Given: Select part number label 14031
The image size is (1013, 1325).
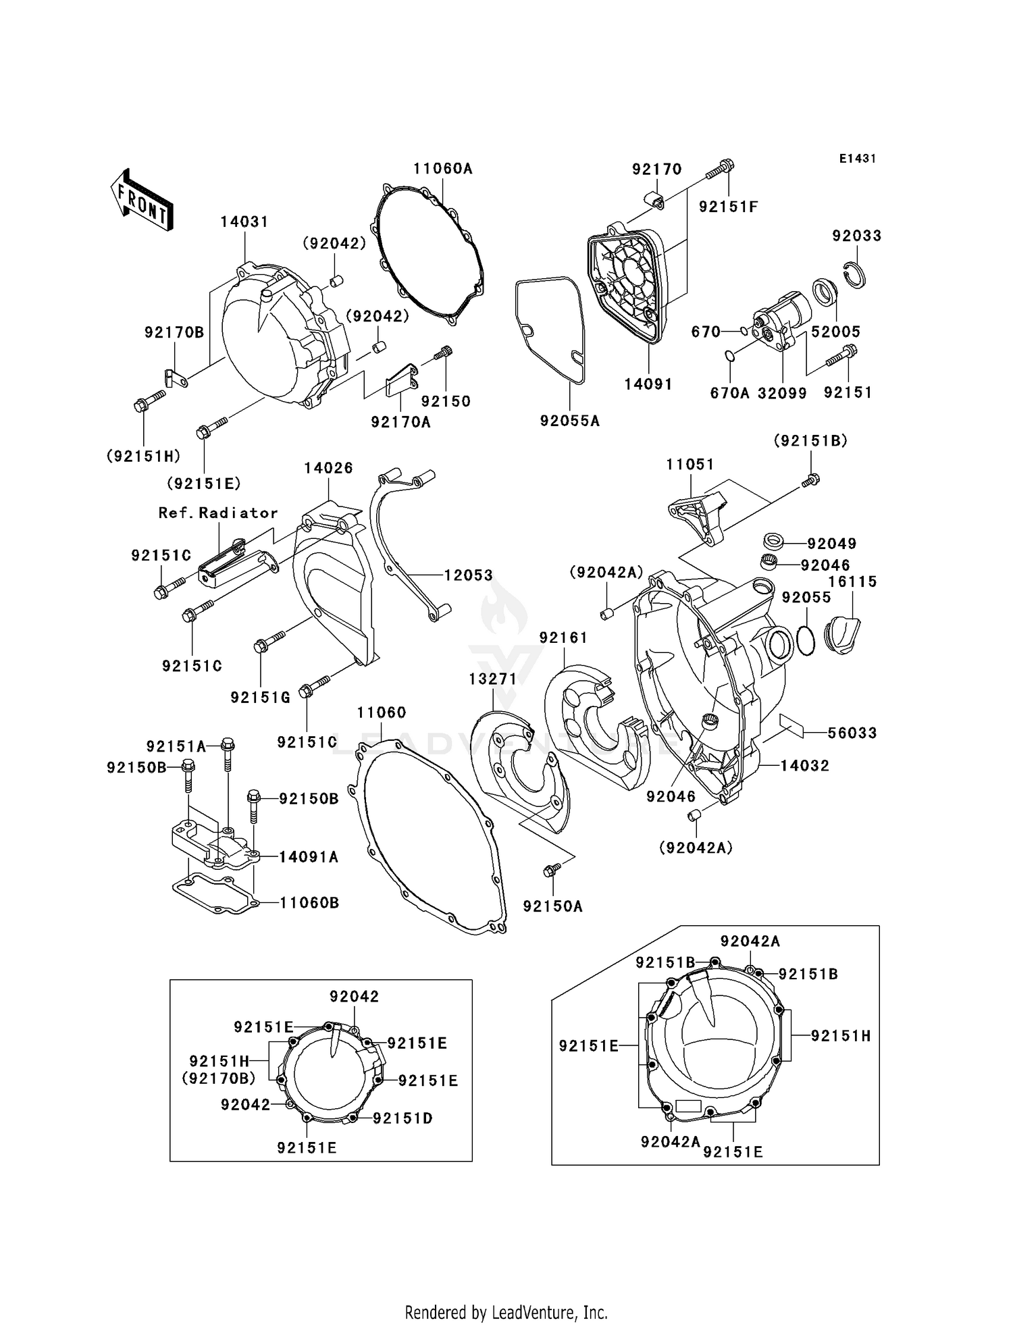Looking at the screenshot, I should [x=244, y=222].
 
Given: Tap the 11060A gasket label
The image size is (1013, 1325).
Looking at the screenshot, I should [x=443, y=169].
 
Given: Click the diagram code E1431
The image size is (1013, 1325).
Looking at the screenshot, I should [x=858, y=159].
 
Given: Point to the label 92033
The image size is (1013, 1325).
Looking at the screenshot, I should [x=856, y=236].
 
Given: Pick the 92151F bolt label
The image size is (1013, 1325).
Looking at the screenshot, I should [x=729, y=207].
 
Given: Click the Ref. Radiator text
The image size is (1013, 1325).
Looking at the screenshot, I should [x=218, y=513].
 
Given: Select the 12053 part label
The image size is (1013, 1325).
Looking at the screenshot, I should [x=468, y=575].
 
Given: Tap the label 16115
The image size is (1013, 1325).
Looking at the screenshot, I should [x=852, y=581].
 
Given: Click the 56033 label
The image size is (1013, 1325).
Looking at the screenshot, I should [x=852, y=733].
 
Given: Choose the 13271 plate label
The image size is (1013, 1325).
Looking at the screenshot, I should [x=493, y=679].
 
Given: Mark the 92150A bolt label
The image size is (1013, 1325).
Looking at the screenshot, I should [x=552, y=906].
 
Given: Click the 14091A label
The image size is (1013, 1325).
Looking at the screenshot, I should [x=309, y=857].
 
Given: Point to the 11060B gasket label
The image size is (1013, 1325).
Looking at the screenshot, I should [x=309, y=903].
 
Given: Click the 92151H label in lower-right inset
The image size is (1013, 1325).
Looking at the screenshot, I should [x=841, y=1035].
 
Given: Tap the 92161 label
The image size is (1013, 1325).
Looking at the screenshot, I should [x=563, y=638].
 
